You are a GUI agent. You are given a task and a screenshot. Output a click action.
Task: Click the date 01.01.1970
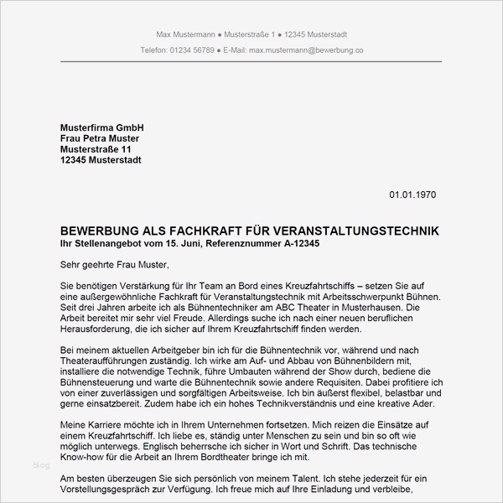tap(412, 194)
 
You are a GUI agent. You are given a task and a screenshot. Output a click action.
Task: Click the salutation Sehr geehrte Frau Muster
tap(115, 265)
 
